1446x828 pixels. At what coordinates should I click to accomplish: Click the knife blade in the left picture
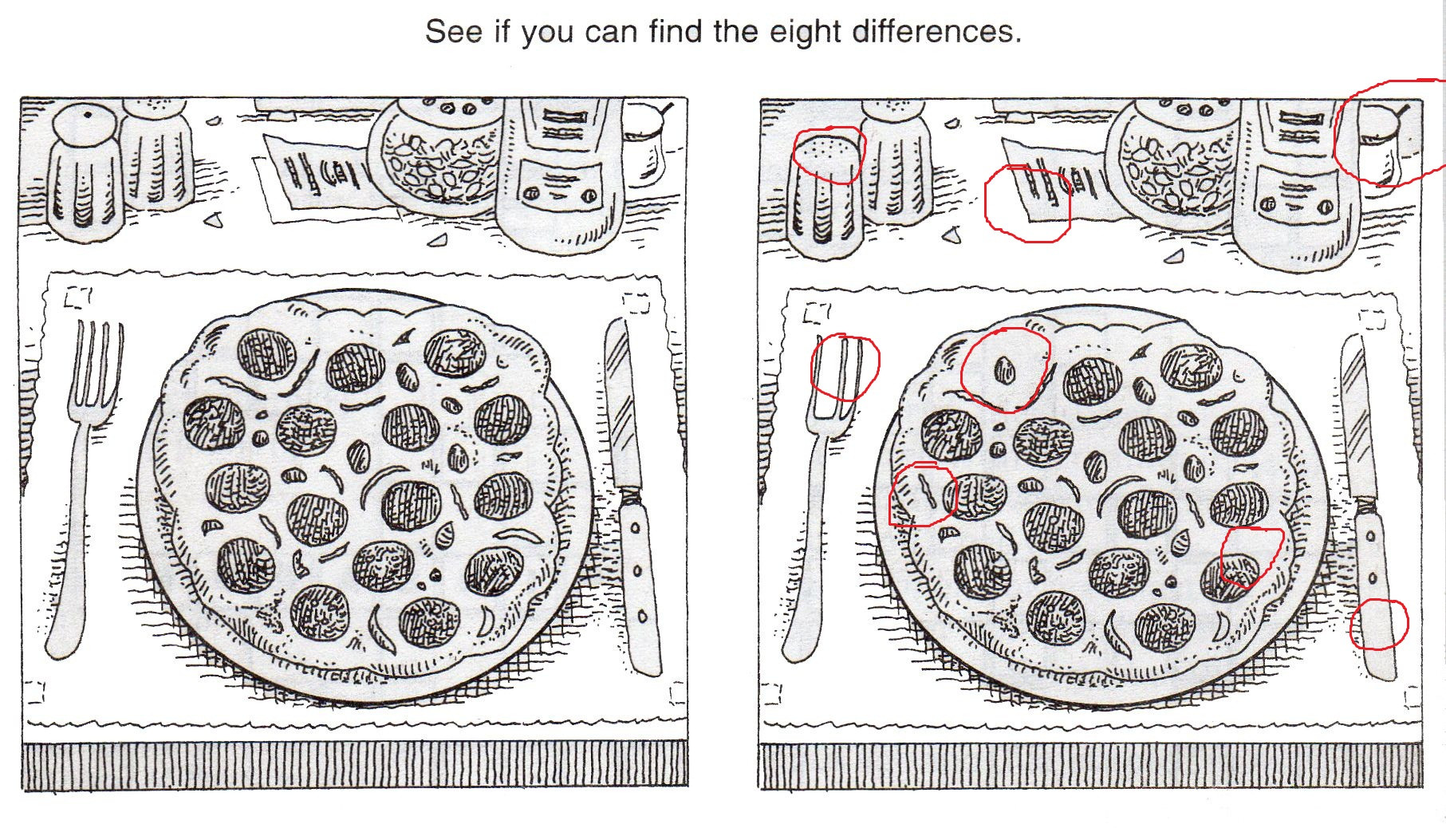tap(623, 407)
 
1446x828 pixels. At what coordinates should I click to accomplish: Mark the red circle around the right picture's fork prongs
tap(845, 368)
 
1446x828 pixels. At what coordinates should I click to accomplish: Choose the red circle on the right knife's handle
tap(1379, 624)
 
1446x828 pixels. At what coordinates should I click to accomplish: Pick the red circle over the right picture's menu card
tap(1028, 203)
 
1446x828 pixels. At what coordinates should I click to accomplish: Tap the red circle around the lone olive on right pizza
tap(1006, 369)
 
